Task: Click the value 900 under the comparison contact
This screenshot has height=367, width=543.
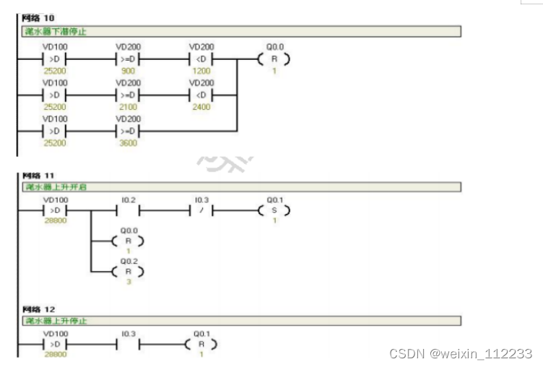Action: tap(128, 72)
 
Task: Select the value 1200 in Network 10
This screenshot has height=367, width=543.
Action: tap(201, 72)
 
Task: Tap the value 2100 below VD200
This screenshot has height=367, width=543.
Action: tap(128, 107)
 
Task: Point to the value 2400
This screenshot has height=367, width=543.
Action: tap(201, 107)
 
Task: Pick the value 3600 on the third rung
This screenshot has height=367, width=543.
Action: tap(128, 142)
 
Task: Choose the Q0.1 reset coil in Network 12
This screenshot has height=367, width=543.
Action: tap(201, 345)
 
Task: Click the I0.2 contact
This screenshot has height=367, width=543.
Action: tap(128, 211)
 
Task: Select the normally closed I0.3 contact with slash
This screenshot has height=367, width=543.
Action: tap(201, 211)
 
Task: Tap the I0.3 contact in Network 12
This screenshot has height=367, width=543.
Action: tap(128, 345)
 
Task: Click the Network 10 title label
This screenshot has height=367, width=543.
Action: tap(38, 17)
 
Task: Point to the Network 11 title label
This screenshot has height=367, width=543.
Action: tap(38, 175)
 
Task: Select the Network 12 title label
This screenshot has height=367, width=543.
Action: tap(38, 308)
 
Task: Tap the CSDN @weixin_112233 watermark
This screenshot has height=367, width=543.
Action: tap(461, 353)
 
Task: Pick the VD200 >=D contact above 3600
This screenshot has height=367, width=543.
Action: tap(128, 131)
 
